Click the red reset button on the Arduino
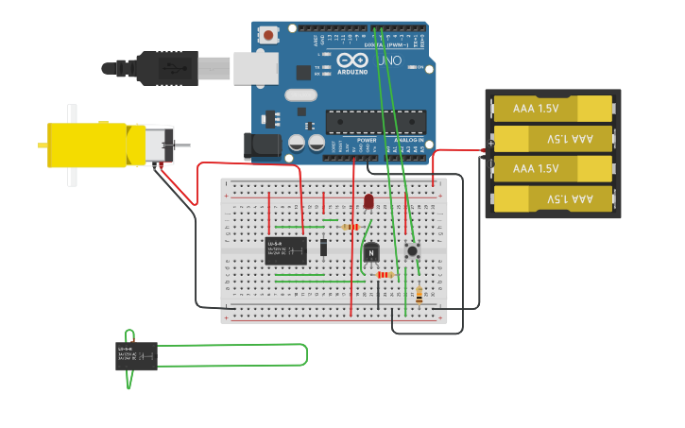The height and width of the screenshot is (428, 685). [269, 36]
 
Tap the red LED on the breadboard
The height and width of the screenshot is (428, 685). [368, 201]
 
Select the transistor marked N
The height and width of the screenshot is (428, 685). [371, 252]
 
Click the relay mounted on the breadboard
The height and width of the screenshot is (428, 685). [285, 250]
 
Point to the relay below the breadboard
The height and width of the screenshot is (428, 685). [136, 356]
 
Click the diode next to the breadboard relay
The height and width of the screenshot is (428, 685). [323, 248]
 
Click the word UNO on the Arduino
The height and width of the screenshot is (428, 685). [389, 60]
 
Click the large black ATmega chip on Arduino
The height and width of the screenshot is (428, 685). [375, 122]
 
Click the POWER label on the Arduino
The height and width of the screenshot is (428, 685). [366, 140]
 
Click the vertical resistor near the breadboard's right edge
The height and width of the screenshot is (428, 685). [419, 295]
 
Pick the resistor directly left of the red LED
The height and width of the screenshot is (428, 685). [351, 227]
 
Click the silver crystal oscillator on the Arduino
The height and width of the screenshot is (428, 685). [300, 94]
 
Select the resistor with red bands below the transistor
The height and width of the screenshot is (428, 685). [384, 275]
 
